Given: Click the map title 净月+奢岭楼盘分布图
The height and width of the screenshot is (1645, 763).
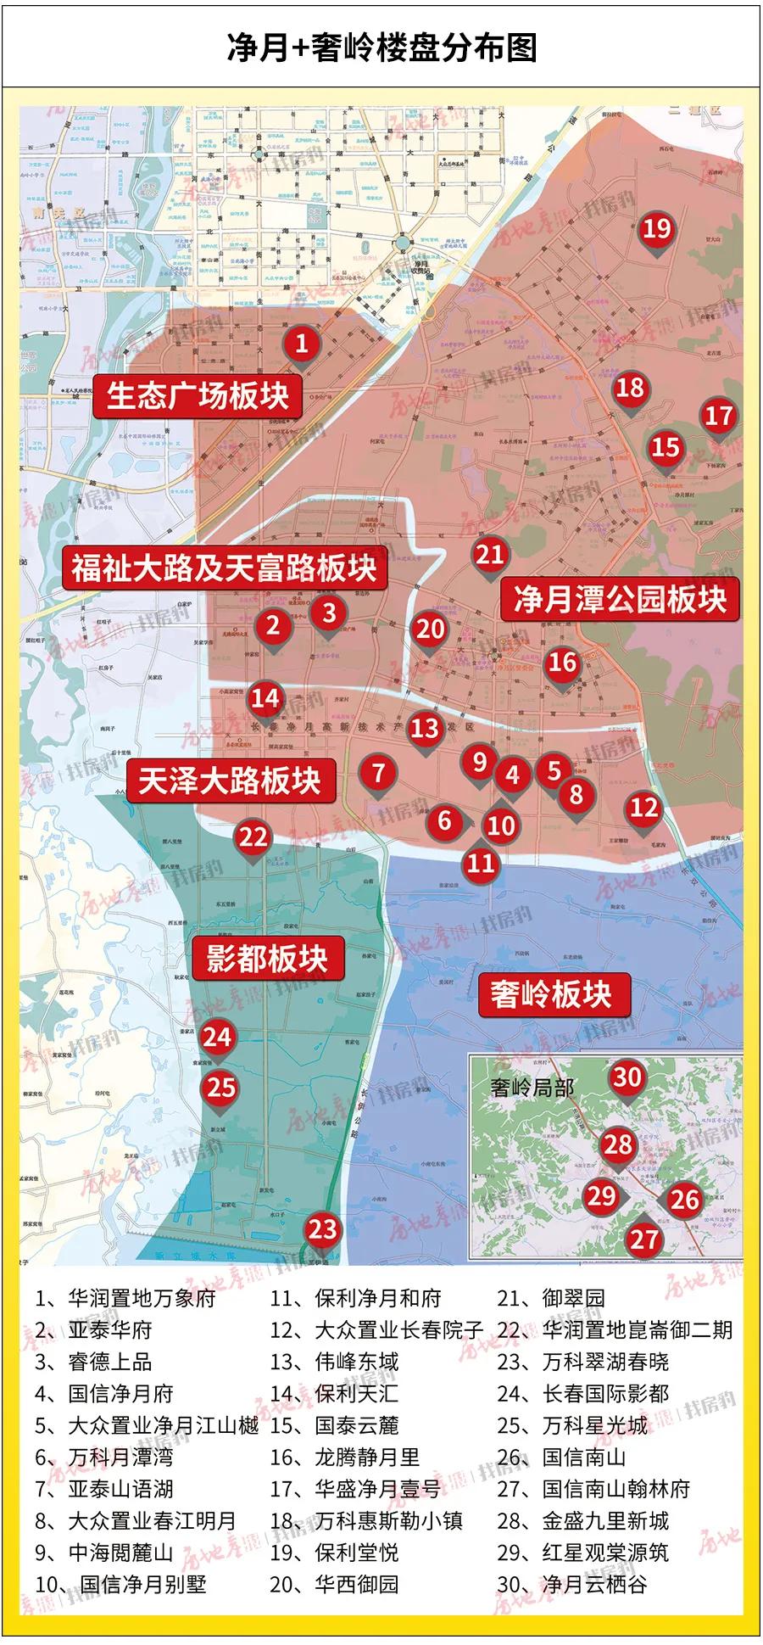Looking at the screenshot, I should coord(381,48).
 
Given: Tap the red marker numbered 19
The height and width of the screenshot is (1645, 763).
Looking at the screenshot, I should coord(656,229).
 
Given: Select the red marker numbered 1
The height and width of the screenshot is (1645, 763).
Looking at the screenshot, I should coord(301,344).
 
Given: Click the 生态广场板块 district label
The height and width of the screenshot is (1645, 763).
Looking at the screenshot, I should coord(198,395).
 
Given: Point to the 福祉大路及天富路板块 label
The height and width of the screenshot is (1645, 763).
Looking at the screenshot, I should coord(224,568).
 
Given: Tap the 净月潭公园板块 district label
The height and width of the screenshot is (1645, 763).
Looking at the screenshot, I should coord(620,599).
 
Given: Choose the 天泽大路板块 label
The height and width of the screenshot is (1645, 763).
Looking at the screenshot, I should coord(229,780).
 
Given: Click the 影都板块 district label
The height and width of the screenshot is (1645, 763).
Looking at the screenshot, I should coord(267,959).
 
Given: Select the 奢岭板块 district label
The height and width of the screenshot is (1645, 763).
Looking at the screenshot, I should coord(551,993).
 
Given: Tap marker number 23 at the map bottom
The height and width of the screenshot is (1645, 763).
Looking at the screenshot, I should coord(322,1229).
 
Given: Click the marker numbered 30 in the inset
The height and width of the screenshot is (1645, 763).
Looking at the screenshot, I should coord(627,1077).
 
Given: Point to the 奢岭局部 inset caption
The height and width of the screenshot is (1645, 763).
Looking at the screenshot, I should coord(532,1087).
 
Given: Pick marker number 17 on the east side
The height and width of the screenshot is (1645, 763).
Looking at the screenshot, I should coord(718,416).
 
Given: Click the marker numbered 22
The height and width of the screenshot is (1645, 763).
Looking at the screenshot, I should coord(253,837).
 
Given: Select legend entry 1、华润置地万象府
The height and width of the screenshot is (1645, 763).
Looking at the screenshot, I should coord(125,1298).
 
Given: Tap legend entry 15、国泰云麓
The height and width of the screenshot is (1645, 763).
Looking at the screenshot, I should coord(334,1425).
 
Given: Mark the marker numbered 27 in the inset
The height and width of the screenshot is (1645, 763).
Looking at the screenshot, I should coord(643,1239).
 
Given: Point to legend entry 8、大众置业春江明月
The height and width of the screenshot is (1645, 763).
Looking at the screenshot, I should coord(136,1520).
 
